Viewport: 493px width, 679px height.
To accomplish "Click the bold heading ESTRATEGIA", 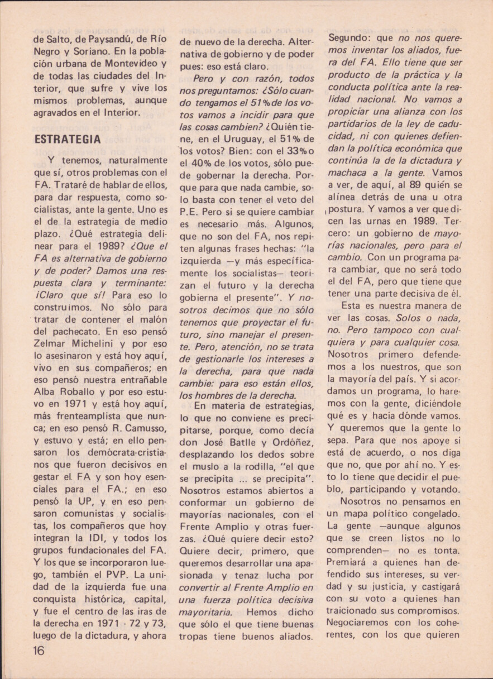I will click(68, 140).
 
